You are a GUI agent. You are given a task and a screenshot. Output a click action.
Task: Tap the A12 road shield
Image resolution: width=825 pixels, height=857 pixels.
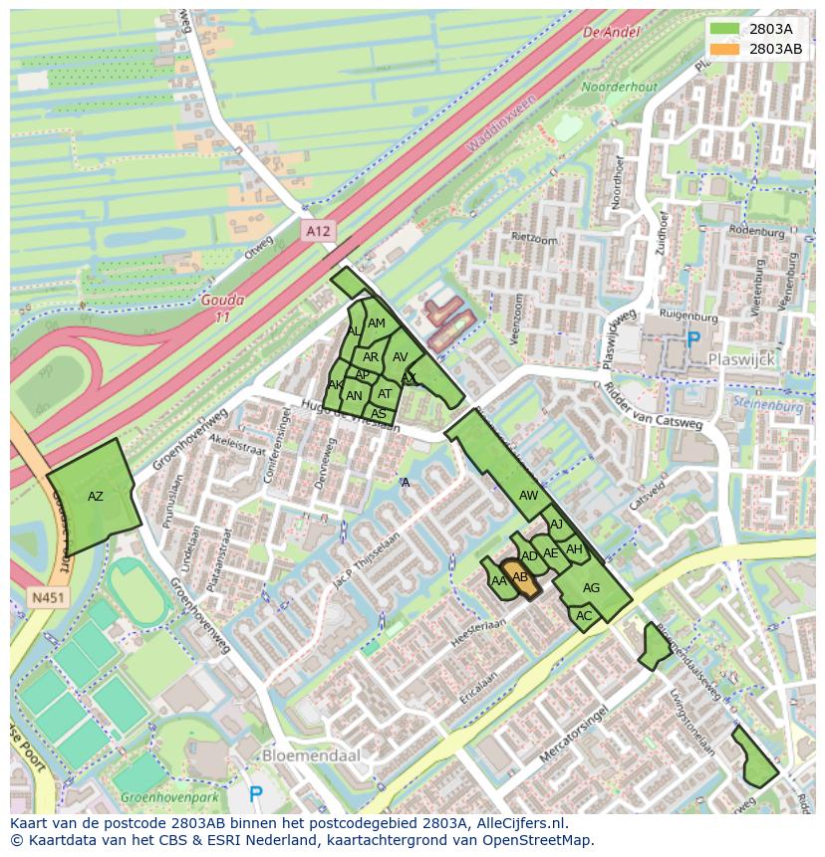pyautogui.click(x=317, y=231)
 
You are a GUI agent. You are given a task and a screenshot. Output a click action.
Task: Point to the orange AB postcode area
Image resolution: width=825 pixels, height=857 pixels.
pyautogui.click(x=520, y=578)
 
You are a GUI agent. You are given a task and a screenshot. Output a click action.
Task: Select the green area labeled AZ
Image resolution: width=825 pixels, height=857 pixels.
pyautogui.click(x=94, y=496)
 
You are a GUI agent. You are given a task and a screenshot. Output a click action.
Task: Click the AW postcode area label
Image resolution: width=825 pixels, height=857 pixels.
pyautogui.click(x=528, y=496)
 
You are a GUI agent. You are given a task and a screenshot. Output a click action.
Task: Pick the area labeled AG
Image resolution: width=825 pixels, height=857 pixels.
pyautogui.click(x=592, y=588)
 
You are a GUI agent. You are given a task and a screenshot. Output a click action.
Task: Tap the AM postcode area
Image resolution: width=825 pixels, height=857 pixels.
pyautogui.click(x=377, y=323)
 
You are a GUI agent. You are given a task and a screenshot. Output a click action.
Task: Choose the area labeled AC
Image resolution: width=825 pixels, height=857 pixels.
pyautogui.click(x=584, y=616)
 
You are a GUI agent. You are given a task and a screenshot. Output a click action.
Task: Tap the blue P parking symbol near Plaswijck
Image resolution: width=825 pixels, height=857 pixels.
pyautogui.click(x=693, y=339)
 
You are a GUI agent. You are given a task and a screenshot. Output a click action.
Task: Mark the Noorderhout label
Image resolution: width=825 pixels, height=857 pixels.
pyautogui.click(x=619, y=88)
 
